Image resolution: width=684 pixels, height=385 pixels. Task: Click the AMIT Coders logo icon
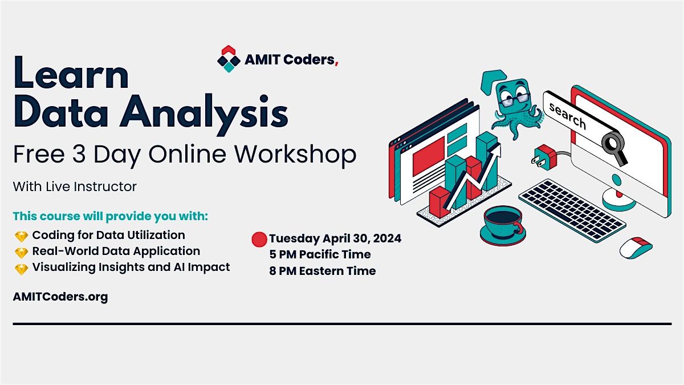coord(228,59)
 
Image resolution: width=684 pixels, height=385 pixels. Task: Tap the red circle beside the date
coord(259,240)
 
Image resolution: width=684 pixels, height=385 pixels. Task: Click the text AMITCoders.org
coord(60,297)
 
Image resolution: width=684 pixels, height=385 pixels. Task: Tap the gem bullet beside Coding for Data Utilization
coord(22,236)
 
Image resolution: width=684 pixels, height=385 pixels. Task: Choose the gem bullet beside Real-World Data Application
coord(22,252)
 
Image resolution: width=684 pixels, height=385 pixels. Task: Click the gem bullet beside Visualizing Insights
coord(22,268)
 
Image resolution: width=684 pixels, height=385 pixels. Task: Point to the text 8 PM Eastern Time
coord(323,271)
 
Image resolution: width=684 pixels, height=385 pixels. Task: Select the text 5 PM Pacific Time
coord(320,254)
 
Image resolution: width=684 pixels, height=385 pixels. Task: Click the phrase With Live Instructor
coord(75,186)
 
